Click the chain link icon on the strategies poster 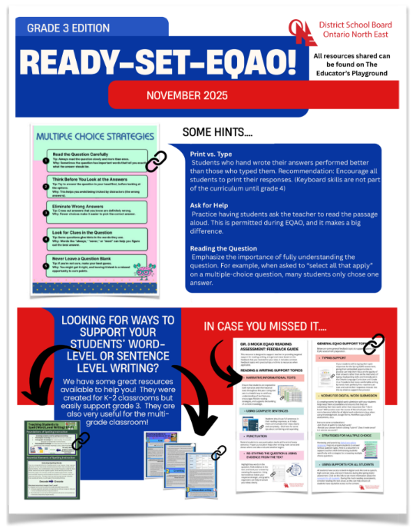pyautogui.click(x=157, y=162)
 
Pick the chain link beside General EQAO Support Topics pyautogui.click(x=375, y=343)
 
